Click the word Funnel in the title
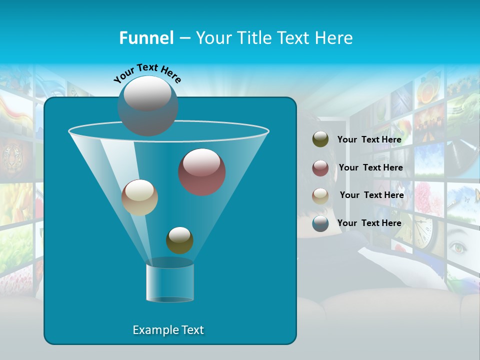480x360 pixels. pyautogui.click(x=146, y=37)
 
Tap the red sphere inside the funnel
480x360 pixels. pyautogui.click(x=202, y=171)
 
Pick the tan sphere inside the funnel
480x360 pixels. pyautogui.click(x=139, y=197)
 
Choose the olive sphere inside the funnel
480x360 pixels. pyautogui.click(x=179, y=240)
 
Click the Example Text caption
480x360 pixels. pyautogui.click(x=168, y=330)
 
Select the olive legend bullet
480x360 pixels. pyautogui.click(x=320, y=139)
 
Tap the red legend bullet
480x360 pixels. pyautogui.click(x=320, y=168)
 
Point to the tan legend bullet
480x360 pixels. pyautogui.click(x=320, y=196)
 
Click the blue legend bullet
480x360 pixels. pyautogui.click(x=320, y=223)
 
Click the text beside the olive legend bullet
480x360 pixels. pyautogui.click(x=369, y=139)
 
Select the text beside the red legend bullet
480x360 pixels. pyautogui.click(x=370, y=167)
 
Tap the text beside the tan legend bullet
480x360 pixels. pyautogui.click(x=371, y=195)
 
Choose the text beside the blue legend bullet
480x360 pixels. pyautogui.click(x=369, y=223)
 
